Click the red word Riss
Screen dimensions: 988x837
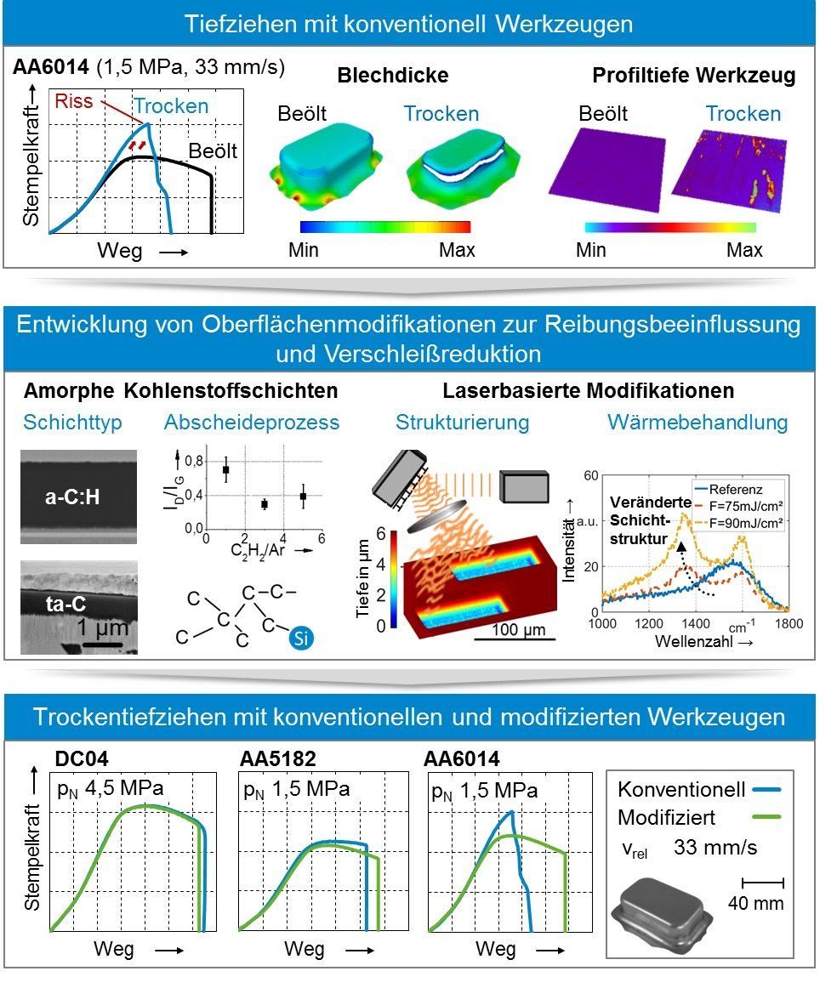click(x=73, y=101)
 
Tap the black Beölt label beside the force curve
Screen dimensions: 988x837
click(x=213, y=151)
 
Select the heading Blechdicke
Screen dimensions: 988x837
click(x=393, y=76)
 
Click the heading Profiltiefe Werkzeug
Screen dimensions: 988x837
click(x=693, y=76)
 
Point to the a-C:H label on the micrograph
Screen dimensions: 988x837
click(x=72, y=497)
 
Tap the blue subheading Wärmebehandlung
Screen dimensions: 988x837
click(x=697, y=423)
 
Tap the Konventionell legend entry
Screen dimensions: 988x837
click(x=680, y=789)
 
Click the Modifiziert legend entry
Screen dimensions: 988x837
click(x=666, y=818)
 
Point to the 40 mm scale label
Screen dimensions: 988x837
click(x=755, y=903)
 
